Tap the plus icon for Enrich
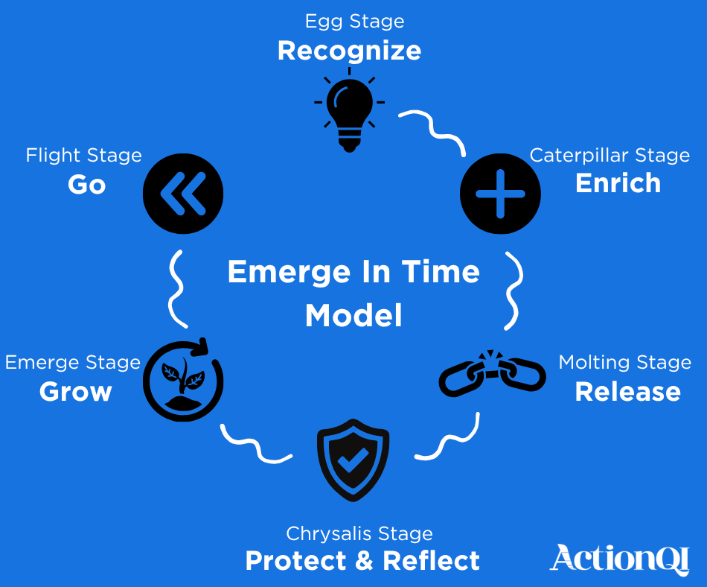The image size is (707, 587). coord(500,194)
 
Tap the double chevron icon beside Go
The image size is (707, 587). coord(183,194)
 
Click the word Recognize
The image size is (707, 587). coord(350,51)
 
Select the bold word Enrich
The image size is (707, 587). coord(618,183)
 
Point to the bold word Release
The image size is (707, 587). coord(627,392)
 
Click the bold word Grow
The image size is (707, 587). coord(76,392)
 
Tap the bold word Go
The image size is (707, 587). coord(87,185)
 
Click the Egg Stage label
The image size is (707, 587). coord(355,21)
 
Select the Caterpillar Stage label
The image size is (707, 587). coord(610,156)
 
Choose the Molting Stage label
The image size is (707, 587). coord(624,363)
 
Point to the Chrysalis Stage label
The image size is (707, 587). coord(359,534)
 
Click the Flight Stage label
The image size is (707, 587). coord(83,156)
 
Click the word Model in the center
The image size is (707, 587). coord(353,316)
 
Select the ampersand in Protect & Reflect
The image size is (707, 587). coord(364,561)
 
